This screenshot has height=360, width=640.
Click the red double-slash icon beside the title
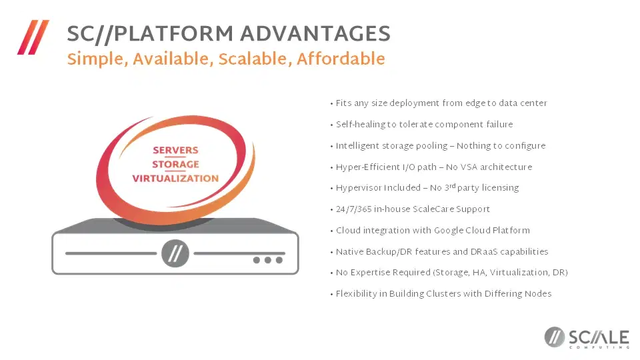tap(33, 37)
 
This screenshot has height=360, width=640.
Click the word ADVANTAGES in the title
tap(315, 33)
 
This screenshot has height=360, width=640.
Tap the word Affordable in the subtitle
tap(341, 59)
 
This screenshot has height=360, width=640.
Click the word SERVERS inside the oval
tap(175, 150)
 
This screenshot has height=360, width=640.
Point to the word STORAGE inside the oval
tap(175, 164)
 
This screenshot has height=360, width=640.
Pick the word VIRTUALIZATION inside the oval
tap(175, 179)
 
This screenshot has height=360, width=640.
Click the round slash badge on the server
tap(175, 253)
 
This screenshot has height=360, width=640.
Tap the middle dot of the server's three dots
tap(268, 260)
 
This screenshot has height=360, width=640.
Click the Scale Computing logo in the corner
tap(587, 338)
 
